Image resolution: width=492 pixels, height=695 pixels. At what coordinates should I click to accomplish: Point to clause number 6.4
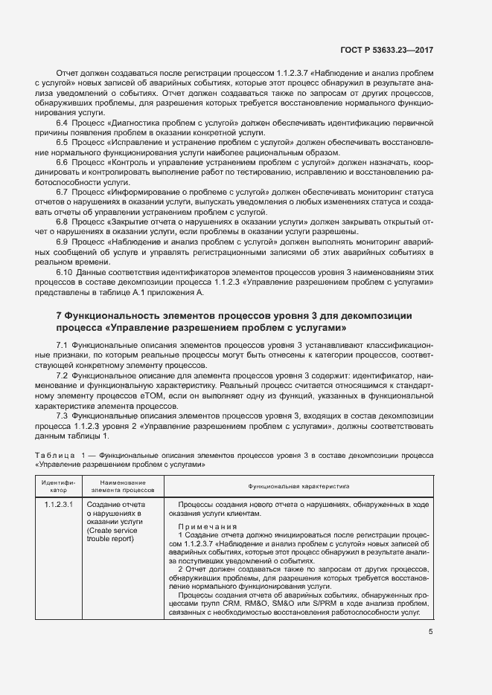[x=63, y=121]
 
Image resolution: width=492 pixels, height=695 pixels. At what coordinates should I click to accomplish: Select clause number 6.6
[x=63, y=161]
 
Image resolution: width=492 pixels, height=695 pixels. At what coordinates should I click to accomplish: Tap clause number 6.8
[x=63, y=222]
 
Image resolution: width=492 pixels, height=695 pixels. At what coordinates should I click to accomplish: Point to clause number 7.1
[x=63, y=347]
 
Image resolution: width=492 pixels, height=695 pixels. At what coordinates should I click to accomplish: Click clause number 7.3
[x=63, y=414]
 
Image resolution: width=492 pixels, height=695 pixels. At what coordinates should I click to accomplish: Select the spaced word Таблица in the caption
[x=54, y=453]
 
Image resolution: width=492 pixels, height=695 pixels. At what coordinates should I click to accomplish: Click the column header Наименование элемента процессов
[x=122, y=486]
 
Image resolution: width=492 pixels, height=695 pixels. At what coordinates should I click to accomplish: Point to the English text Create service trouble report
[x=112, y=534]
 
